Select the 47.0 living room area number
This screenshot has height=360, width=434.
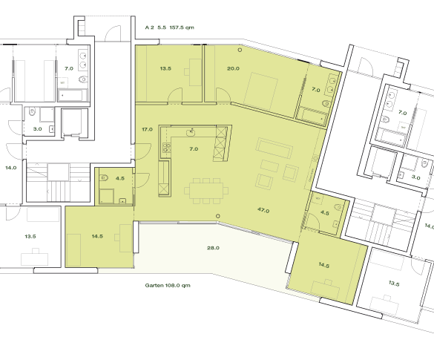pos(263,210)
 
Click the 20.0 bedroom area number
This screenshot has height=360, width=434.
pos(233,68)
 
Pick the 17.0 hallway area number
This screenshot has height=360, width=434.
pos(147,129)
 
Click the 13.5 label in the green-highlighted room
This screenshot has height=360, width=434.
pos(165,68)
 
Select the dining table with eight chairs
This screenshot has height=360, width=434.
pos(205,190)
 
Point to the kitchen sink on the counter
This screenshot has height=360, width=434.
pos(192,131)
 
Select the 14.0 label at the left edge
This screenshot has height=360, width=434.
pos(10,168)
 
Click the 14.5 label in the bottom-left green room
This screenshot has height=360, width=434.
pos(97,236)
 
